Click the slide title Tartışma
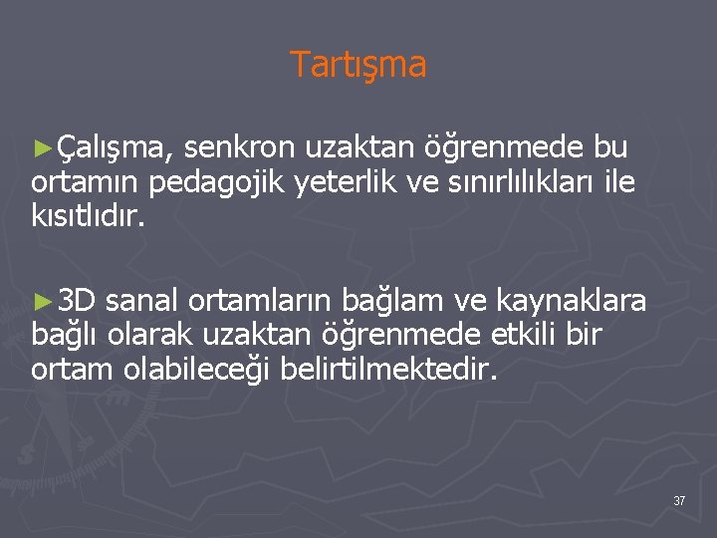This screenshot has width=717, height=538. (358, 65)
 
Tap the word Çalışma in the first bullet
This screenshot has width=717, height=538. (114, 149)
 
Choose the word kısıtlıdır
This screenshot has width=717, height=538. (88, 216)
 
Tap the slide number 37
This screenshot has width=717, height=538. (678, 500)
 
